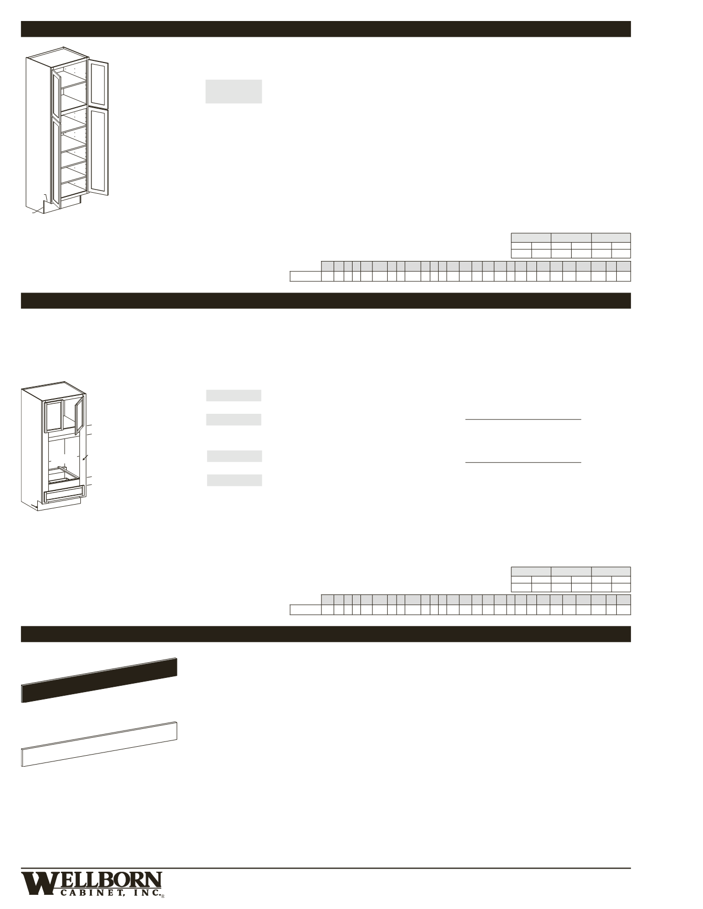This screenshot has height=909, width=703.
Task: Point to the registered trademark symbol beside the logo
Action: pos(163,896)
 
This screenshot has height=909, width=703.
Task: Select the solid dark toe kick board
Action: pos(99,680)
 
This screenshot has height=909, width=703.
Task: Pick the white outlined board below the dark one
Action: pos(99,745)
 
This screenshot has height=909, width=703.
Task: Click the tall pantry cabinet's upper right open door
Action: pos(99,84)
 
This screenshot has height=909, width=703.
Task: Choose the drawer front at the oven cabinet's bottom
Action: pos(65,494)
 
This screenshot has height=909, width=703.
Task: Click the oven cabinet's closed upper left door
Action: pos(54,416)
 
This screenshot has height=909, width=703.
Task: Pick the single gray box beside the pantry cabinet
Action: pos(233,91)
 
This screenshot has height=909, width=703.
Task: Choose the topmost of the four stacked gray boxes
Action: pos(233,395)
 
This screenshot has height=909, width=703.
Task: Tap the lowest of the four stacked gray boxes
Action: pos(234,480)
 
